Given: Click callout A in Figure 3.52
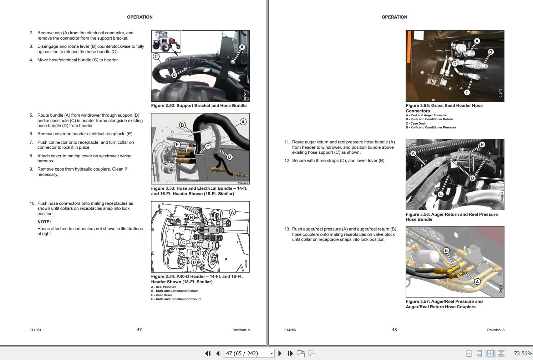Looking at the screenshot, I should (x=242, y=47).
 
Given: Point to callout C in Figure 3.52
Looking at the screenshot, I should (x=156, y=56).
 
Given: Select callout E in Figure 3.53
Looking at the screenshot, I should (x=177, y=144).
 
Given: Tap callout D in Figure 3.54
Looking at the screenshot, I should (x=194, y=262).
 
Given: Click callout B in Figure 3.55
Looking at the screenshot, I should (x=491, y=52).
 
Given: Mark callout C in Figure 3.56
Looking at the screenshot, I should (x=441, y=194).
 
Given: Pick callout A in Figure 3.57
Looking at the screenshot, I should (x=477, y=282).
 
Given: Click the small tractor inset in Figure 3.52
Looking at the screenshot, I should (x=166, y=41).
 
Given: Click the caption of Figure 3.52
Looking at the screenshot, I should (x=199, y=106).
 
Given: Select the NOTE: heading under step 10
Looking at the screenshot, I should (x=44, y=222).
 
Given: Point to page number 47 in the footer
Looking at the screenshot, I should (x=139, y=330).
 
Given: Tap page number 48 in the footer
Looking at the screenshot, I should (x=394, y=330).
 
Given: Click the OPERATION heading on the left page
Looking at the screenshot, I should (x=139, y=17).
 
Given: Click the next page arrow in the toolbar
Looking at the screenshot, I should (x=280, y=353).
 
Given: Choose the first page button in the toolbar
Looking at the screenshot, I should (x=208, y=353).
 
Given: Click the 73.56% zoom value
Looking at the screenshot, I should (x=523, y=353).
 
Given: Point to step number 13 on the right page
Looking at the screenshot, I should (x=287, y=229).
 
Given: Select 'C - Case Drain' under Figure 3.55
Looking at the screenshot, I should (x=416, y=123).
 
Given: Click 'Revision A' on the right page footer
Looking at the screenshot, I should (x=496, y=330).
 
